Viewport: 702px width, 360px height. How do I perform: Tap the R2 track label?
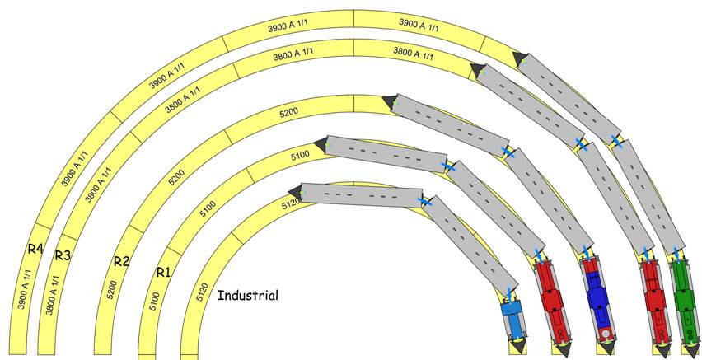click(122, 262)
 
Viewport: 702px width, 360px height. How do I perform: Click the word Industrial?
click(247, 295)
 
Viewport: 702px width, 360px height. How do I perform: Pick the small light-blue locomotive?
click(512, 316)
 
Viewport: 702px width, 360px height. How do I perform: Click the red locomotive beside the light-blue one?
click(550, 301)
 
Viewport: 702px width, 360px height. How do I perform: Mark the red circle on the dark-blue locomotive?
click(606, 334)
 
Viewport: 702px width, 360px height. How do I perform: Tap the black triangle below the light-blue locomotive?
click(519, 348)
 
